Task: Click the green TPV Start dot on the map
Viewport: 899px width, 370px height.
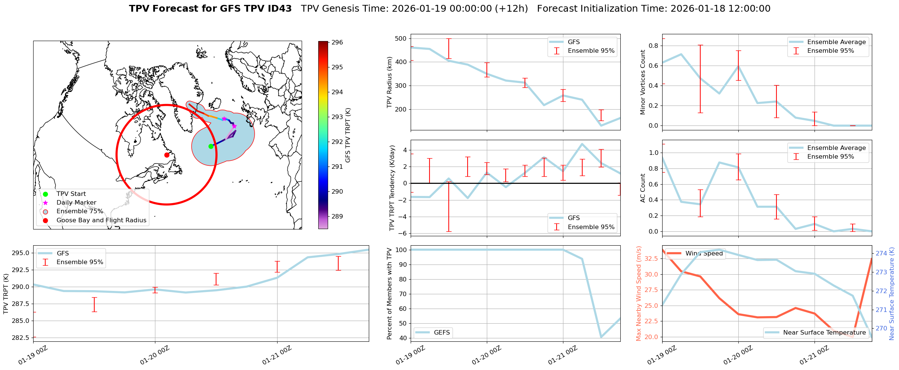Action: tap(211, 146)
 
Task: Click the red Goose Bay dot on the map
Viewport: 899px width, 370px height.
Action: tap(167, 155)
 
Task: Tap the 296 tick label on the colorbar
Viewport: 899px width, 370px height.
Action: tap(337, 42)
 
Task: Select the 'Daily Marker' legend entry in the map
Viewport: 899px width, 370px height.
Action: tap(76, 203)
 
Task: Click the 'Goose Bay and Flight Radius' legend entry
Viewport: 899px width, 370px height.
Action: tap(101, 220)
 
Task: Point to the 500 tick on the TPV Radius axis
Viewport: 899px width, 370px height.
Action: tap(400, 38)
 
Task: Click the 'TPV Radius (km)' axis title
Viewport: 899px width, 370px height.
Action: tap(390, 82)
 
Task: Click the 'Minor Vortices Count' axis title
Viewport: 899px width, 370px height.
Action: tap(643, 82)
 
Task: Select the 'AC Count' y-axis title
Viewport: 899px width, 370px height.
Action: tap(643, 188)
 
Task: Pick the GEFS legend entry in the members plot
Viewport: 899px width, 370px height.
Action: tap(442, 333)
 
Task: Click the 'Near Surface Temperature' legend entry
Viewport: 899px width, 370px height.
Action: tap(824, 333)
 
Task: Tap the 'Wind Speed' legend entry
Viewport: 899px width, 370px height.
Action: tap(704, 254)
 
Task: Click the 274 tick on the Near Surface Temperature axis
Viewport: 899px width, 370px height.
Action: tap(881, 253)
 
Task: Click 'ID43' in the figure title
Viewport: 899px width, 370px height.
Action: tap(279, 9)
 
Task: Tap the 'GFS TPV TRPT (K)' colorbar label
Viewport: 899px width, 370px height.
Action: tap(348, 135)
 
